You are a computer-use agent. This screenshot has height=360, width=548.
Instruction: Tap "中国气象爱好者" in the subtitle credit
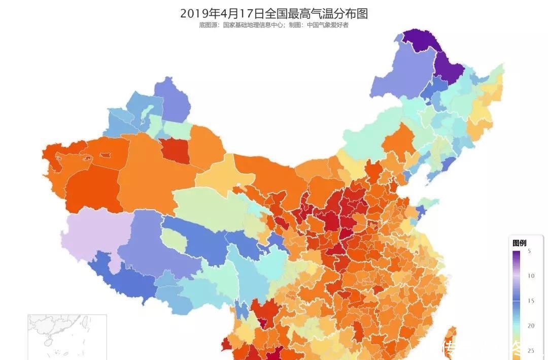pos(328,25)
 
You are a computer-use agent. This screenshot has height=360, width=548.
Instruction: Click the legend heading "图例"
pos(519,243)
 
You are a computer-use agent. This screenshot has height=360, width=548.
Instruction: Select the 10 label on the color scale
pos(530,276)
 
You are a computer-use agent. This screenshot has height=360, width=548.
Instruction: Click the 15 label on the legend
pos(530,301)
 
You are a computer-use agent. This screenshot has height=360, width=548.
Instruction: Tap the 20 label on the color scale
pos(530,326)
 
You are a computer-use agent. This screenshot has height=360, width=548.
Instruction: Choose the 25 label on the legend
pos(530,350)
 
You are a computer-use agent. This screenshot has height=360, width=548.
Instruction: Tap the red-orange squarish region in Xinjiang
pos(175,151)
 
